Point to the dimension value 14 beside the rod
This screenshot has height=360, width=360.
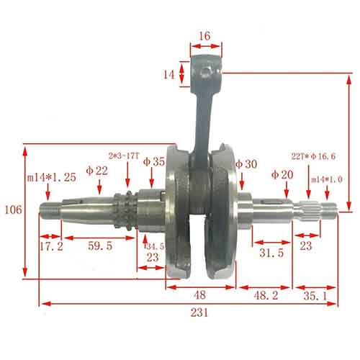point(168,74)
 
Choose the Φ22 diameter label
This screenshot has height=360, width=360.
point(96,171)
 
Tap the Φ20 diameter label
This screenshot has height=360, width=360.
point(283,174)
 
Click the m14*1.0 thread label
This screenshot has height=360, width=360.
point(327,179)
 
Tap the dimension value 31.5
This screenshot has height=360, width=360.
point(270,253)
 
